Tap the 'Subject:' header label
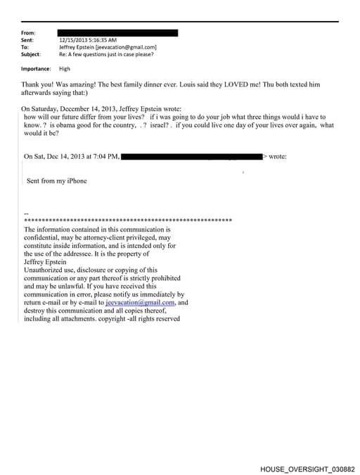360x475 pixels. [x=31, y=54]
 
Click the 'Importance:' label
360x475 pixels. [x=36, y=69]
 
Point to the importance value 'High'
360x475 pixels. [x=65, y=69]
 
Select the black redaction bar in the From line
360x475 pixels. [x=118, y=33]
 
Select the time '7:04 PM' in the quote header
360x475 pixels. [x=105, y=156]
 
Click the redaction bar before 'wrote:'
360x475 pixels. [x=192, y=156]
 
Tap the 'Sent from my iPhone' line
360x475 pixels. [x=57, y=181]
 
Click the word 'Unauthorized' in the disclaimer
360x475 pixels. [x=49, y=270]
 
